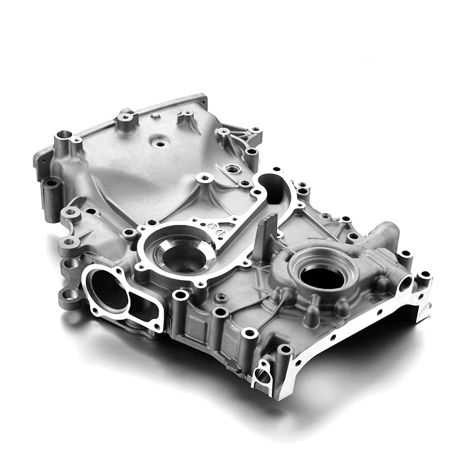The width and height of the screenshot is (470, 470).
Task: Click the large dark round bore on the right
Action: pyautogui.click(x=321, y=276)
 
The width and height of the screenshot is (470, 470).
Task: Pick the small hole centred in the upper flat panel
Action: pyautogui.click(x=160, y=144)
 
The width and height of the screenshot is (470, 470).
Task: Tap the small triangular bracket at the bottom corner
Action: pyautogui.click(x=262, y=374)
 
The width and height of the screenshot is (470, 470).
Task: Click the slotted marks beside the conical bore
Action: pyautogui.click(x=218, y=228)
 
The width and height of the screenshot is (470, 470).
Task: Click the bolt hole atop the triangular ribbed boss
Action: pyautogui.click(x=204, y=179)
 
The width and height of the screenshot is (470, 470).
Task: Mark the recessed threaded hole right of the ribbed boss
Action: pyautogui.click(x=232, y=169)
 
